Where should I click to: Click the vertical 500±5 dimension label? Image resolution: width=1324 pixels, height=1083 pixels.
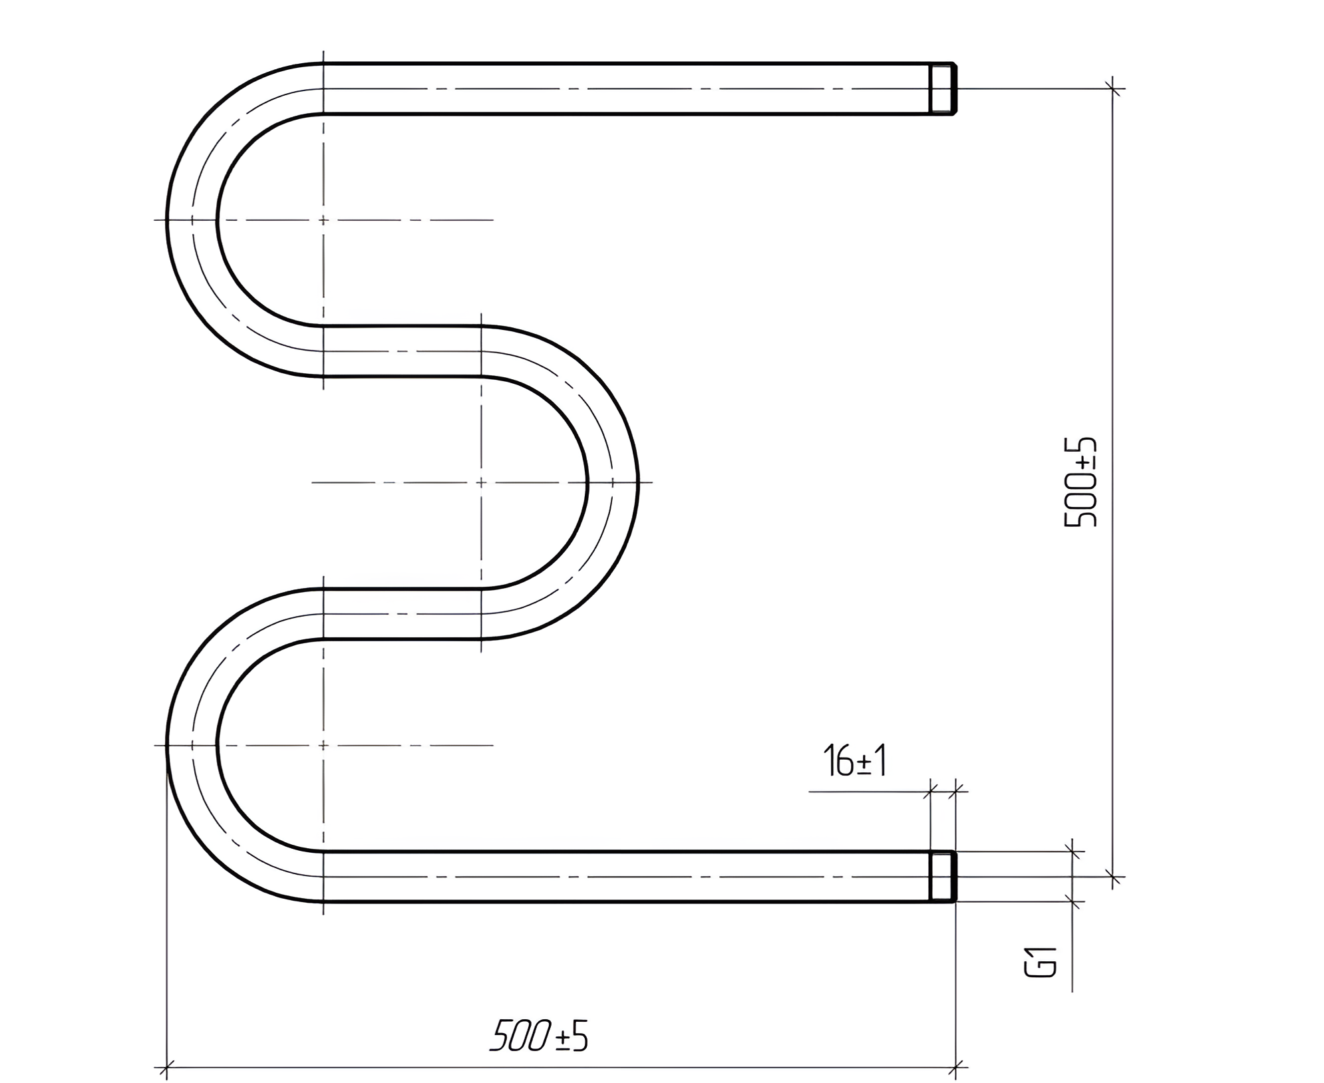pos(1080,482)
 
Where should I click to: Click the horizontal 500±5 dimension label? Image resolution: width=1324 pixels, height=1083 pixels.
pos(539,1036)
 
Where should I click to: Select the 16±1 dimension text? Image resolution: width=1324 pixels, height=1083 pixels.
pos(855,760)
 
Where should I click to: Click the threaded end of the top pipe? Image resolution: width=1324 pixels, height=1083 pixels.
pos(943,88)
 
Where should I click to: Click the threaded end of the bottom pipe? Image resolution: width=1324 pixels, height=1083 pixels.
pos(943,876)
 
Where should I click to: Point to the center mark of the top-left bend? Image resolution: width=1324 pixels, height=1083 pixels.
pos(323,220)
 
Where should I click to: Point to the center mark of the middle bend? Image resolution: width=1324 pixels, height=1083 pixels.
pos(481,482)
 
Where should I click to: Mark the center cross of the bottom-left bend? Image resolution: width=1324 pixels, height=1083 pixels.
pos(323,745)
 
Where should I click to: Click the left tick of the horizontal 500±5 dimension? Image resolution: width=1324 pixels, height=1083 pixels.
pos(166,1068)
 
